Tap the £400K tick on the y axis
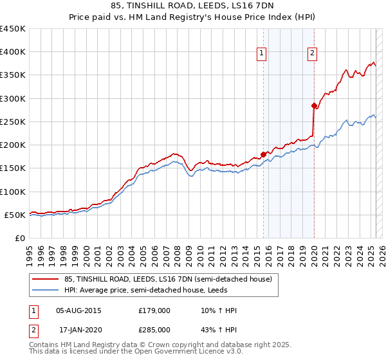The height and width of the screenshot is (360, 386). pos(13,52)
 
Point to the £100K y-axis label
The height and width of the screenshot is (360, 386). pos(13,192)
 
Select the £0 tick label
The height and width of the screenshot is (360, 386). pos(21,238)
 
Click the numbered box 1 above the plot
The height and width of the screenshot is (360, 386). pos(262,53)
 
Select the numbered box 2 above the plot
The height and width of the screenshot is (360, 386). pos(312,53)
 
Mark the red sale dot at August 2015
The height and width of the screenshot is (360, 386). pos(263,154)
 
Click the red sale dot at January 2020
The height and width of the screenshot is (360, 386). pos(314,105)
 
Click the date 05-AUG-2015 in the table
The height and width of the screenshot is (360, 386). pos(79,310)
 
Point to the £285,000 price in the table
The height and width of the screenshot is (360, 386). pos(154,329)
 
